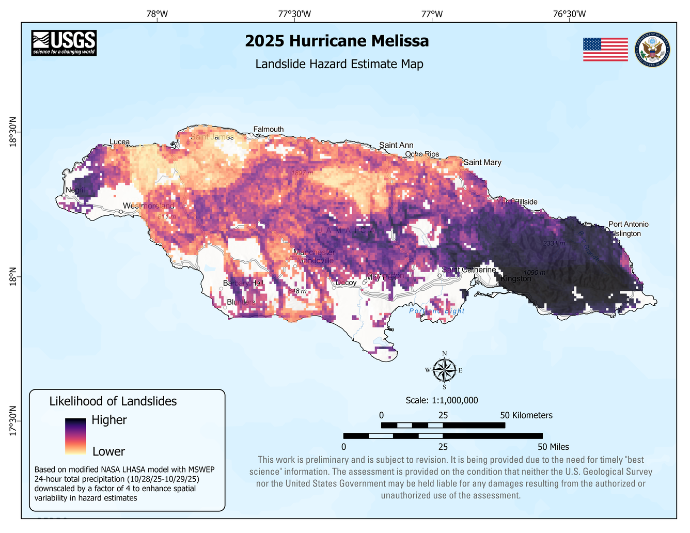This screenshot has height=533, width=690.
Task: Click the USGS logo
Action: pyautogui.click(x=64, y=43)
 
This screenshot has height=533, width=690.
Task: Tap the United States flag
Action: pyautogui.click(x=605, y=50)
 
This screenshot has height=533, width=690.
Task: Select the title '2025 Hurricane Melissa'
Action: pyautogui.click(x=337, y=41)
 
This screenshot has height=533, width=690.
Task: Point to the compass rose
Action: pyautogui.click(x=444, y=370)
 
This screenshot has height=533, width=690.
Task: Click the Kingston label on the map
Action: pyautogui.click(x=516, y=279)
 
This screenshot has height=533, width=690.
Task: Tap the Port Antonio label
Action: pyautogui.click(x=628, y=224)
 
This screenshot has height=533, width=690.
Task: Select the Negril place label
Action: pyautogui.click(x=75, y=190)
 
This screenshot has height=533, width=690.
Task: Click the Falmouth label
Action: pyautogui.click(x=269, y=129)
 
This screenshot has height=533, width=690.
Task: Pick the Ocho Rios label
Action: pyautogui.click(x=422, y=154)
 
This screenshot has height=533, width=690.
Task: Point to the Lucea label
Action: pyautogui.click(x=120, y=142)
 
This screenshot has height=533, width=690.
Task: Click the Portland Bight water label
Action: pyautogui.click(x=437, y=311)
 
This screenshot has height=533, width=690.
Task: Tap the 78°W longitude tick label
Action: pyautogui.click(x=157, y=14)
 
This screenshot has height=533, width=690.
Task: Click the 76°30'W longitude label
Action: pyautogui.click(x=569, y=14)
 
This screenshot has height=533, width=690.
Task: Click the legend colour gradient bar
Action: pyautogui.click(x=75, y=436)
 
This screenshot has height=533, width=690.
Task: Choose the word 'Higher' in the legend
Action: pyautogui.click(x=109, y=420)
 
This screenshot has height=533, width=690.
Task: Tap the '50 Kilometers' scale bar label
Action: pyautogui.click(x=526, y=415)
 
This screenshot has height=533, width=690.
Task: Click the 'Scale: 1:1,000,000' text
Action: pyautogui.click(x=442, y=400)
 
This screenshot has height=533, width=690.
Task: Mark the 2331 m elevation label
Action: pyautogui.click(x=553, y=243)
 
